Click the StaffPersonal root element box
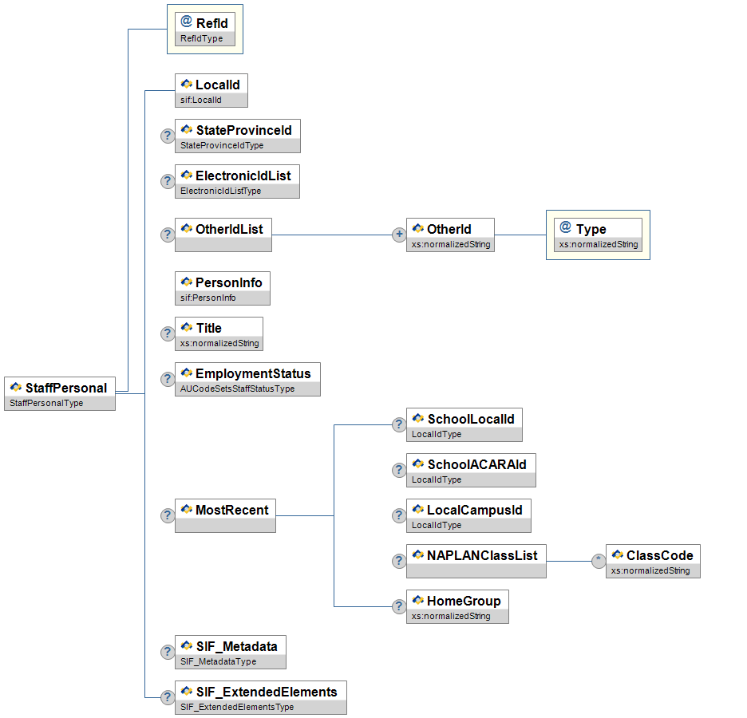click(60, 393)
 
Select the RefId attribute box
click(205, 30)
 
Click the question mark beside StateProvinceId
click(168, 136)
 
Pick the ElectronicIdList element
click(237, 182)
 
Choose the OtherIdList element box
click(223, 235)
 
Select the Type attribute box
click(599, 235)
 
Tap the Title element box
click(219, 333)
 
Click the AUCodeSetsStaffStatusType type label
click(237, 389)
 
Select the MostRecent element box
click(225, 515)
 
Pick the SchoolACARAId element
click(471, 471)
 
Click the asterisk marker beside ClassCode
click(599, 561)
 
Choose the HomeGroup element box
click(457, 606)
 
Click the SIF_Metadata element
click(230, 652)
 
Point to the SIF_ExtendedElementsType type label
click(237, 708)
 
